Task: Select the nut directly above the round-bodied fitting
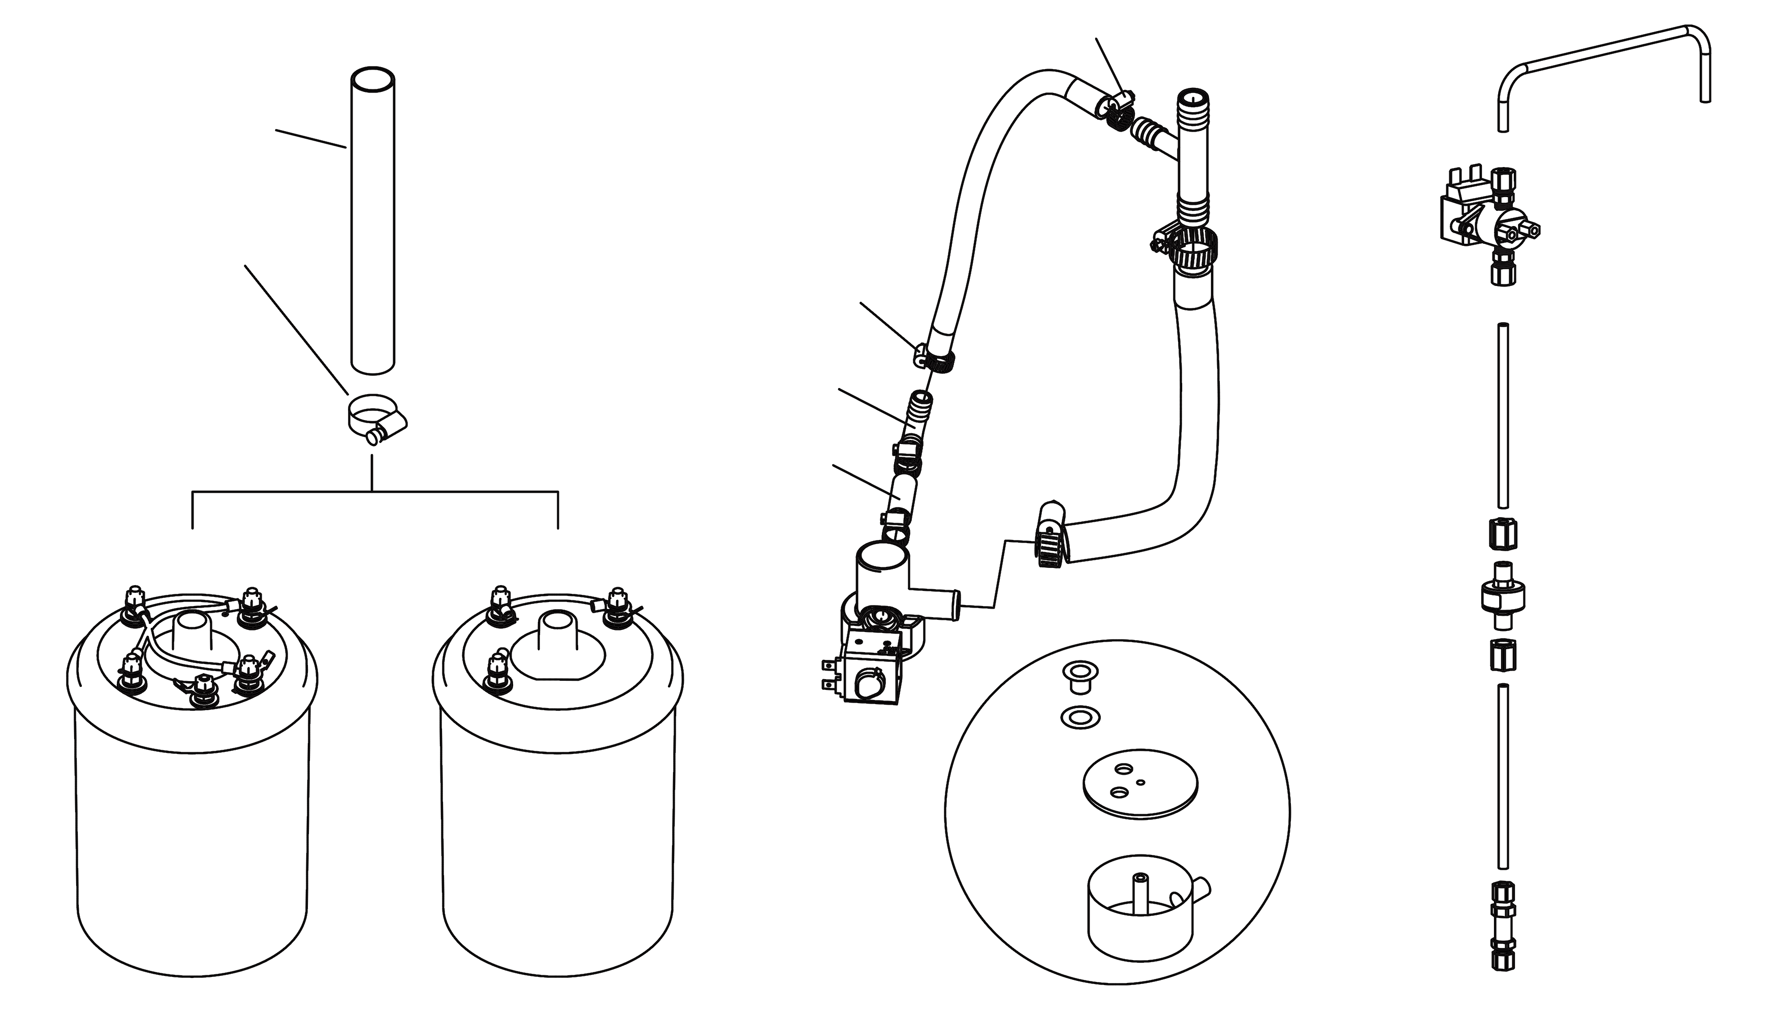click(1502, 534)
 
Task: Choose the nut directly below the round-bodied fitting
click(1502, 654)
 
